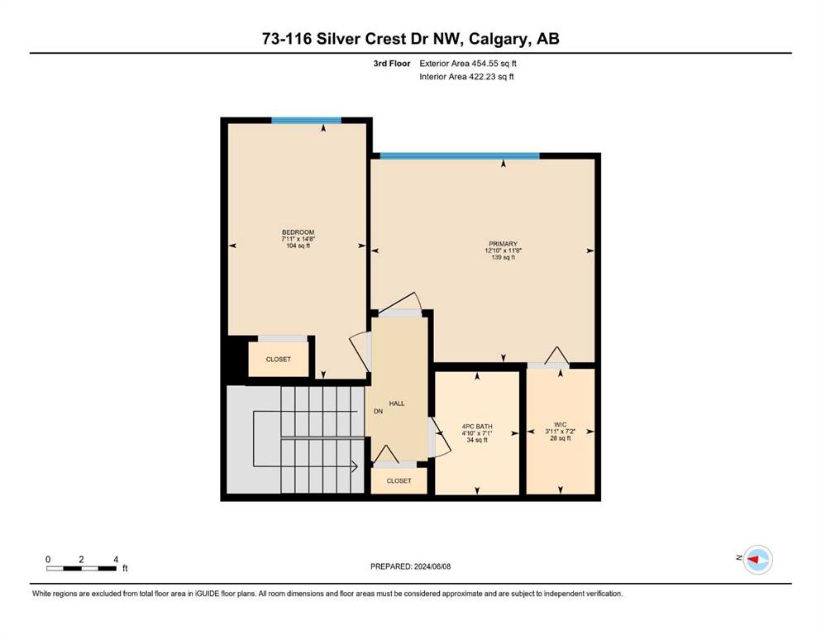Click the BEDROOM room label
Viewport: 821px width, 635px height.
[x=298, y=232]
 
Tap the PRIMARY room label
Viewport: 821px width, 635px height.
[x=504, y=244]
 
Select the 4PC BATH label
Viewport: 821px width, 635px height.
[x=477, y=427]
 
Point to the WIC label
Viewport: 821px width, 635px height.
[x=561, y=424]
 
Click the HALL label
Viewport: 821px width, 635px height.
[x=397, y=403]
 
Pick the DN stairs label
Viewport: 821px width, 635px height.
[x=378, y=412]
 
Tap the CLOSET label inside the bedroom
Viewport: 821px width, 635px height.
[x=278, y=360]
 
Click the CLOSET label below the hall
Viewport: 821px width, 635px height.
[x=399, y=480]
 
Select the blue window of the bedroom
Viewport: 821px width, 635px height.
[x=306, y=121]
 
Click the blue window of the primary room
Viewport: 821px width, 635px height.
[x=460, y=155]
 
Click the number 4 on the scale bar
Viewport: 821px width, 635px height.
[x=116, y=559]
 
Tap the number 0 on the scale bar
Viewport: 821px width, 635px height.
[x=48, y=559]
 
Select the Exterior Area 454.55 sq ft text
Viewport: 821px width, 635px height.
[x=468, y=64]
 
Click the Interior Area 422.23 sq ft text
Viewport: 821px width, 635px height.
[x=466, y=76]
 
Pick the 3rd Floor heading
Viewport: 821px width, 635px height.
[x=392, y=64]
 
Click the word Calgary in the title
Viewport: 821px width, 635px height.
[x=499, y=39]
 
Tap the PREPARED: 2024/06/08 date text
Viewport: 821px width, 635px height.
[x=410, y=566]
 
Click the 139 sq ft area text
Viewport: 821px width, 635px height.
[x=504, y=258]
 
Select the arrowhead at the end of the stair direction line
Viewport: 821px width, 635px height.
[x=355, y=466]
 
